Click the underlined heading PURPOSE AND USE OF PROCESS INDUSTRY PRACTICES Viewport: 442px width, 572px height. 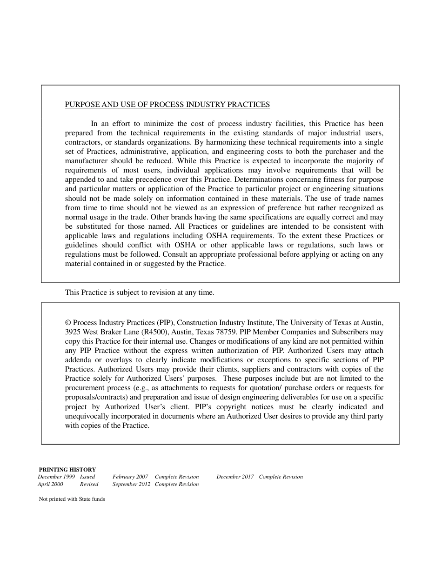(167, 105)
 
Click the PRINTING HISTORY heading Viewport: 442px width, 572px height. (67, 470)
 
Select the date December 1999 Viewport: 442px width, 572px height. (56, 477)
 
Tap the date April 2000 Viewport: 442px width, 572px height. (50, 484)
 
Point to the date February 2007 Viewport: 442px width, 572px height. (130, 477)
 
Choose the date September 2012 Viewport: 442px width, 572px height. (131, 484)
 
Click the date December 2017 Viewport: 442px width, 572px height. (235, 477)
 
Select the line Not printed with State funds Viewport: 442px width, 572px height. (72, 499)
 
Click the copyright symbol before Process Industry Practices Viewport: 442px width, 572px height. (68, 323)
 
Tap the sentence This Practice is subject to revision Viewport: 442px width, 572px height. (140, 293)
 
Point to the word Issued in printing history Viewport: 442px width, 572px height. (87, 477)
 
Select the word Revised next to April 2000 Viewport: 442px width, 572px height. (89, 484)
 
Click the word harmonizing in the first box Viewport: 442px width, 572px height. (223, 142)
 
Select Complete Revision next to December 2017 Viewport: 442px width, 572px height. (281, 477)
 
